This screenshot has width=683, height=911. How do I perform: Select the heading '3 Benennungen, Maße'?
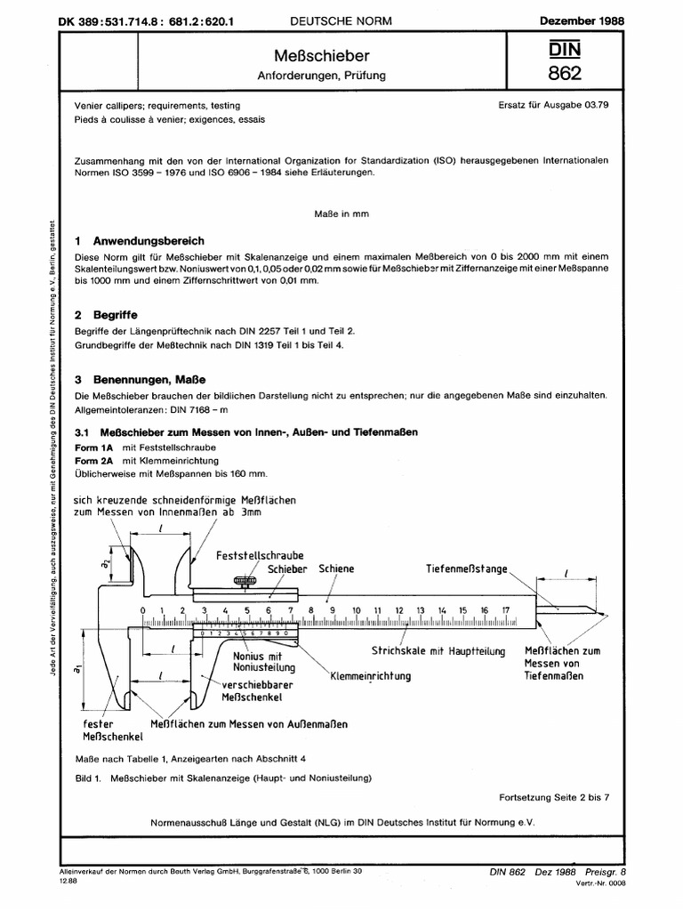coord(141,380)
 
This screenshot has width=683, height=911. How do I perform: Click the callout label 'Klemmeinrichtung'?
coord(370,676)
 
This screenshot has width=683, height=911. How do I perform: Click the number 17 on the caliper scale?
coord(506,609)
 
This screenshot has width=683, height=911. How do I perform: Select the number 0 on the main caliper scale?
coord(142,609)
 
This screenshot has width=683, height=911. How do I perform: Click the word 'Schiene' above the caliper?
coord(335,568)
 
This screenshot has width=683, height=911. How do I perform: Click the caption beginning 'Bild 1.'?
coord(222,778)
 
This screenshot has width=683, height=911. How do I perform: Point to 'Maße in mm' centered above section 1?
coord(341,214)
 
